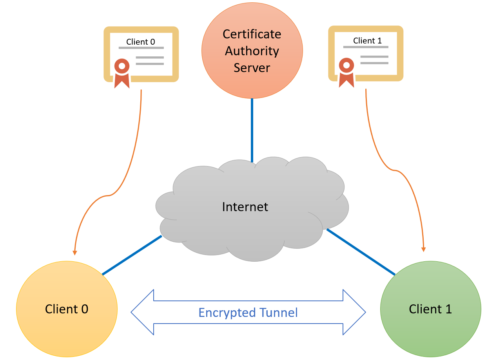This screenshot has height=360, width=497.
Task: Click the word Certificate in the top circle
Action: (252, 34)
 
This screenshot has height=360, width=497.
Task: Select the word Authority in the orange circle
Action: (252, 51)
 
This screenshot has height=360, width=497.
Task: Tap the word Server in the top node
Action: (252, 68)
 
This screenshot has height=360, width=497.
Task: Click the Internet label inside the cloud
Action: (245, 206)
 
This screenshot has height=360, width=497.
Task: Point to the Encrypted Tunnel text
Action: (248, 313)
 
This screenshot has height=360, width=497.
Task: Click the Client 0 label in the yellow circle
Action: (67, 309)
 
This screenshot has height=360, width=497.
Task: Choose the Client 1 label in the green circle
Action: (430, 309)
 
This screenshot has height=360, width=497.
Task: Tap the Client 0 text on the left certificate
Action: (141, 42)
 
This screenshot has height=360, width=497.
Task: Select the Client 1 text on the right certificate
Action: (367, 41)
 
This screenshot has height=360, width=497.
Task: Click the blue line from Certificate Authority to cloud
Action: (252, 129)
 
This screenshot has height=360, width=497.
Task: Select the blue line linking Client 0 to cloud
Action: (132, 255)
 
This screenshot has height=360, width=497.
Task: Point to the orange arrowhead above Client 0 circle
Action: (74, 252)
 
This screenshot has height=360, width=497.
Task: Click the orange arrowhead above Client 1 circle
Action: (423, 249)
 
